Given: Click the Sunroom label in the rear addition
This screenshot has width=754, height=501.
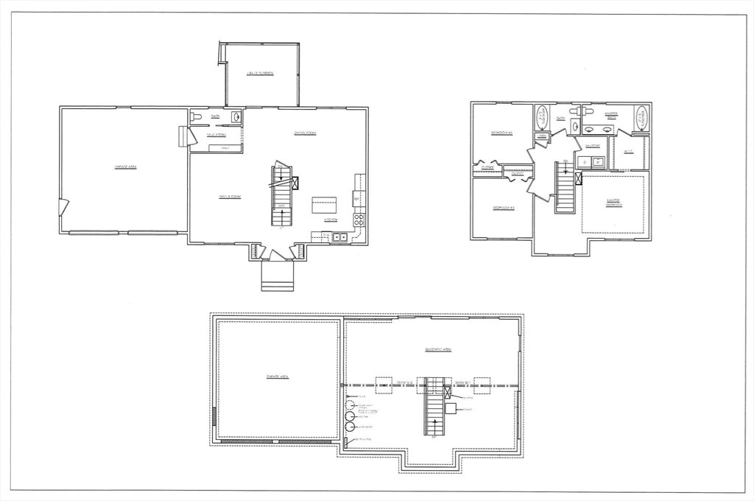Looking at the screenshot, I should (x=260, y=74).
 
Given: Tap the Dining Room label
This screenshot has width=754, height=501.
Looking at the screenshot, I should (x=304, y=133).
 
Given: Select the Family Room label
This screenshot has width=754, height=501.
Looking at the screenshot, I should (x=230, y=196).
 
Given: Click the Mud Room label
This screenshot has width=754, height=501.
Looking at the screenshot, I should (x=216, y=135).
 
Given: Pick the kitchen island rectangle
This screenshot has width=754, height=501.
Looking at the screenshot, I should (x=324, y=204).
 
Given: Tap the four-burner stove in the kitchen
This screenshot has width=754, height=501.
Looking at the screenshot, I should (x=359, y=219).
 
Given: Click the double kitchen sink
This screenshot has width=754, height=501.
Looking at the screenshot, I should (x=339, y=237).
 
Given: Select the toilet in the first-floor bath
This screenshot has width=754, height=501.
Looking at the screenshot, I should (x=196, y=116).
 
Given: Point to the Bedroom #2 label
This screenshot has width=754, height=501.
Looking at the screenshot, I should (x=503, y=133).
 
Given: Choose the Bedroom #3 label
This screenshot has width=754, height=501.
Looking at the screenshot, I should (x=503, y=209).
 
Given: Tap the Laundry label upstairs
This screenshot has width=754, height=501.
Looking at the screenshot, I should (x=593, y=146).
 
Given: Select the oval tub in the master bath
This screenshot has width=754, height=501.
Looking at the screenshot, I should (x=641, y=118).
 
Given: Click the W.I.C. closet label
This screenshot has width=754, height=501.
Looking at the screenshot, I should (x=628, y=153).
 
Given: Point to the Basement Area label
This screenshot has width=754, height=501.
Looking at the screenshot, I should (x=438, y=349).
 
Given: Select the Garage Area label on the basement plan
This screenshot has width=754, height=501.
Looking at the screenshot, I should (x=277, y=376).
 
